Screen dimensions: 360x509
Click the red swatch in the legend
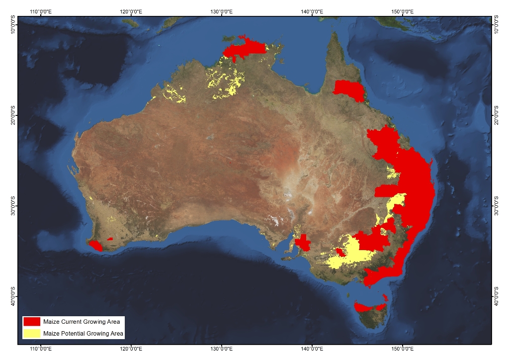[31, 322]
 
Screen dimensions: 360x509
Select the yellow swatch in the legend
[31, 333]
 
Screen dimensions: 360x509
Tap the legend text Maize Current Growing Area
[82, 322]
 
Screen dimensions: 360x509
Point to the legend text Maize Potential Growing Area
[84, 334]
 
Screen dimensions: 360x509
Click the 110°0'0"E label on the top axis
[42, 11]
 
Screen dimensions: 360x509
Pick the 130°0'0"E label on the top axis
[222, 11]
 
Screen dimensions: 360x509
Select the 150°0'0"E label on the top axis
[403, 11]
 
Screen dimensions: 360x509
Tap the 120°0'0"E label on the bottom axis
[132, 350]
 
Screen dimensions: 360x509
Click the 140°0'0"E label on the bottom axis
[312, 350]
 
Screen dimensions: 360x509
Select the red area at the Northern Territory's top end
[245, 49]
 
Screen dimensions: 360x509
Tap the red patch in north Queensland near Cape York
[348, 89]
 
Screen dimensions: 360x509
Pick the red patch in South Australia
[302, 243]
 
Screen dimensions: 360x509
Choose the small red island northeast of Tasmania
[385, 297]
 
